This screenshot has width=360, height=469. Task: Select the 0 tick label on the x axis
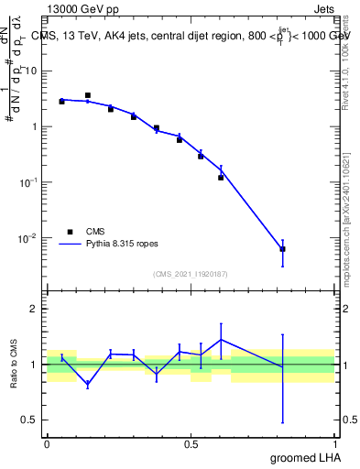coord(48,444)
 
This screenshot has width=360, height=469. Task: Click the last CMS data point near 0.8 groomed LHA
coord(282,249)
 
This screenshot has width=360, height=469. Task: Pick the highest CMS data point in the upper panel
coord(87,95)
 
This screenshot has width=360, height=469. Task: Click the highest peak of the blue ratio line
coord(221,340)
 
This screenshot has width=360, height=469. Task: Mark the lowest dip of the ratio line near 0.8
coord(282,366)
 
